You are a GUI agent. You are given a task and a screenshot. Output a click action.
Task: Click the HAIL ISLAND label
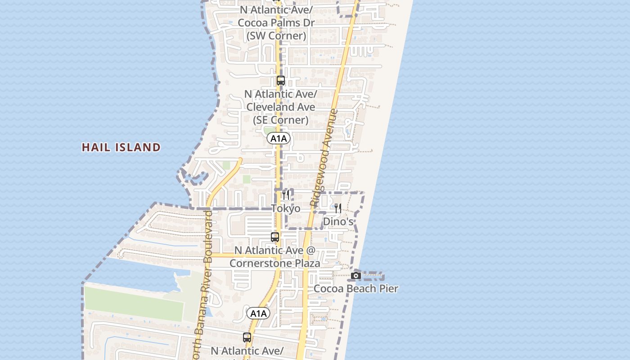pyautogui.click(x=121, y=147)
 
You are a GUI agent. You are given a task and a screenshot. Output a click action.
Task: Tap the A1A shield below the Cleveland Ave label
pyautogui.click(x=278, y=138)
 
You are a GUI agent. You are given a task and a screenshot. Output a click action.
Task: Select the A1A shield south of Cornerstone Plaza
pyautogui.click(x=258, y=313)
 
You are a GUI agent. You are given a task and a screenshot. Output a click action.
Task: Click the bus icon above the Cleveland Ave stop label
pyautogui.click(x=281, y=81)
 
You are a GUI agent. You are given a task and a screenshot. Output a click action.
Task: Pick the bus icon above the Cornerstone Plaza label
pyautogui.click(x=275, y=237)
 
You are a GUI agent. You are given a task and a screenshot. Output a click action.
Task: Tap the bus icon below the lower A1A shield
pyautogui.click(x=247, y=337)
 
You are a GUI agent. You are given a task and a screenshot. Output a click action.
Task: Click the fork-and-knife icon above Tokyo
pyautogui.click(x=286, y=195)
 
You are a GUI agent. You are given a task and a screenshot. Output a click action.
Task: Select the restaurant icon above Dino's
pyautogui.click(x=338, y=208)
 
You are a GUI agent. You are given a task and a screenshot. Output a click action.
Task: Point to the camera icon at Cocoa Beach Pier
pyautogui.click(x=356, y=275)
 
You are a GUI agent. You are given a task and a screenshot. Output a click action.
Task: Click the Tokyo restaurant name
pyautogui.click(x=286, y=208)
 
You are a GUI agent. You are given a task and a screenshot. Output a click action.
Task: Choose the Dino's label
pyautogui.click(x=338, y=221)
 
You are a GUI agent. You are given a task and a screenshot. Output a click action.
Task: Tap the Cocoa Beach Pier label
pyautogui.click(x=355, y=288)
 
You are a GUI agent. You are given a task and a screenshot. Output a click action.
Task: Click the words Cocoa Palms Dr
pyautogui.click(x=276, y=22)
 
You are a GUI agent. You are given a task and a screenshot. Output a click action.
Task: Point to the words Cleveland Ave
pyautogui.click(x=280, y=107)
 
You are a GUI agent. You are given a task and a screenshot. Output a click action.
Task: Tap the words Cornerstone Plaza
pyautogui.click(x=275, y=263)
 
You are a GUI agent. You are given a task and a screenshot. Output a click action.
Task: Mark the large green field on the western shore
pyautogui.click(x=134, y=304)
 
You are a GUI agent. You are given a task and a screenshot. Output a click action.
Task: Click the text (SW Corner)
pyautogui.click(x=276, y=36)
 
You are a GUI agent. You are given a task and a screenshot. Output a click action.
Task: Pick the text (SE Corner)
pyautogui.click(x=280, y=120)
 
